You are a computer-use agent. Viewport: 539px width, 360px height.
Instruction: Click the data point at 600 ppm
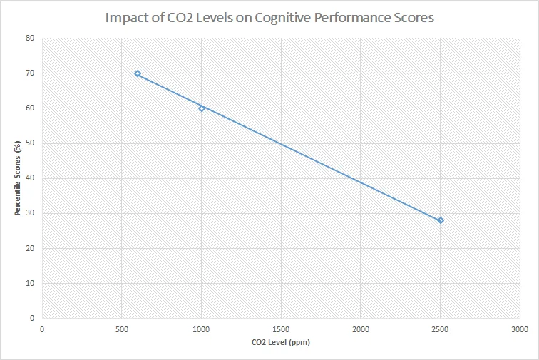[138, 73]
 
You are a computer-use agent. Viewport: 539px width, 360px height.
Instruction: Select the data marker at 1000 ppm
[202, 108]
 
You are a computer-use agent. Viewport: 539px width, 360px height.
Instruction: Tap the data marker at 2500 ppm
[441, 220]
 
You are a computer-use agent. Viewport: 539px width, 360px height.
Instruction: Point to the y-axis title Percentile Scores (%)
[18, 178]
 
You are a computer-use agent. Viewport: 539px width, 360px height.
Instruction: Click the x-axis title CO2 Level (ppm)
[281, 342]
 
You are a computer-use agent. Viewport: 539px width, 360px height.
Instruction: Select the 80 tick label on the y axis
[31, 38]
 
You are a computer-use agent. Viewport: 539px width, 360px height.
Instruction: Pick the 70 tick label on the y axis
[31, 73]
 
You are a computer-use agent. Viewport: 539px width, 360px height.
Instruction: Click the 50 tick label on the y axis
[31, 143]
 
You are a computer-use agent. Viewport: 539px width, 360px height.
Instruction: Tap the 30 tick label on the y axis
[31, 213]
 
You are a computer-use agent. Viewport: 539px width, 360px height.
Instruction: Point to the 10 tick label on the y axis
[31, 283]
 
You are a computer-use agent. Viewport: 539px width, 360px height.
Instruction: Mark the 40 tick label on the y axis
[31, 178]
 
